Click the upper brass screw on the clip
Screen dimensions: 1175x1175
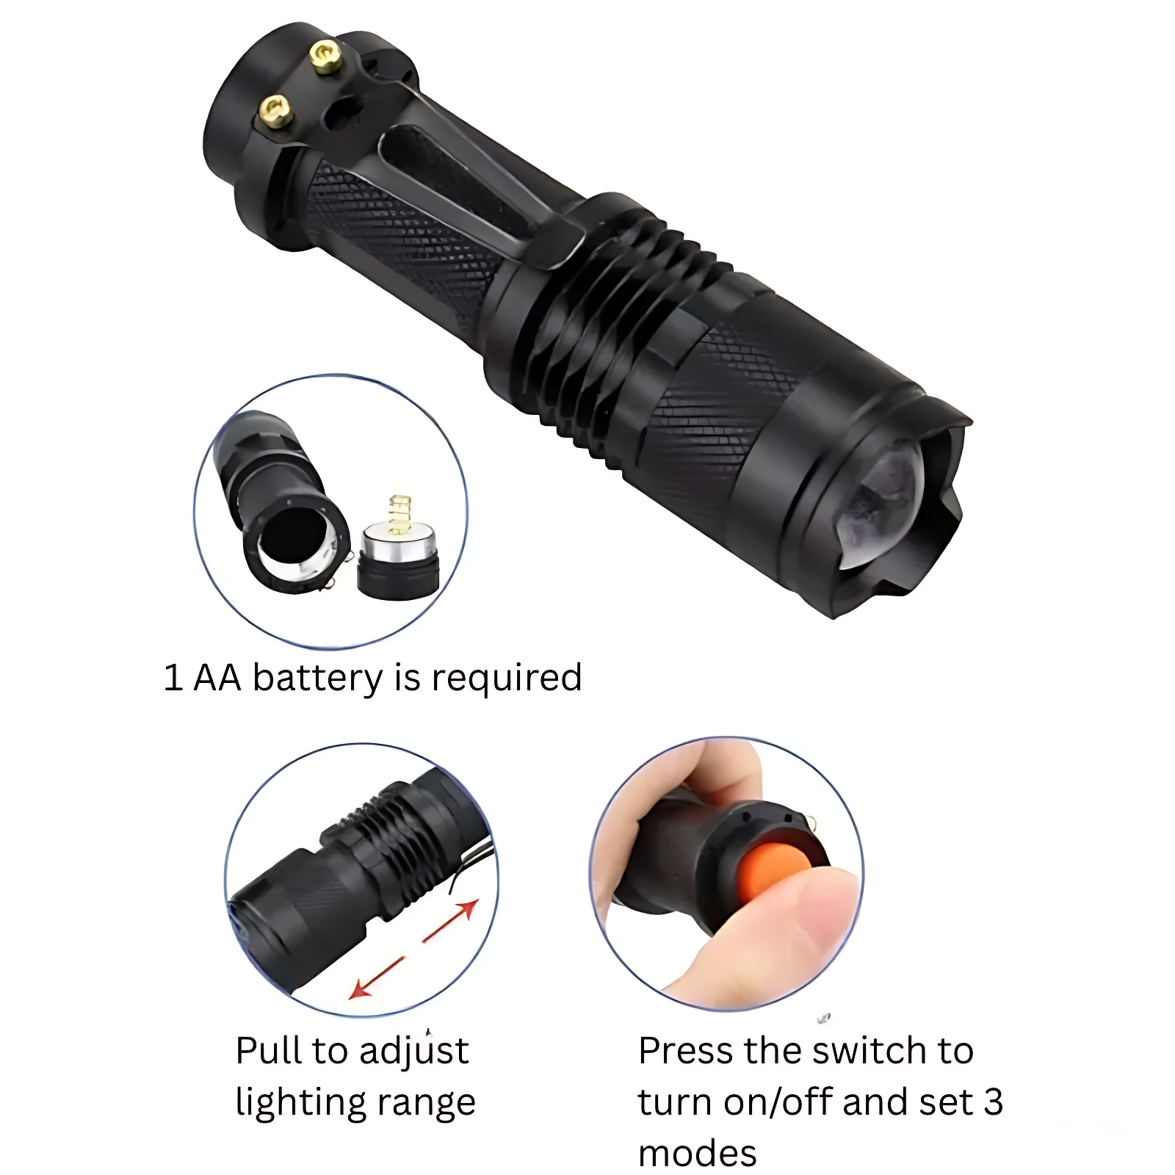click(325, 57)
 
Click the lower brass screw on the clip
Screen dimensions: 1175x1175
click(276, 112)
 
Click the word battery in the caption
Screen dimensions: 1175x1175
click(317, 678)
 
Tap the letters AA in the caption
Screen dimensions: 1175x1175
click(217, 678)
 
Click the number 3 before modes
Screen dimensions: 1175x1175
click(993, 1102)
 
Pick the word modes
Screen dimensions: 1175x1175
click(697, 1154)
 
